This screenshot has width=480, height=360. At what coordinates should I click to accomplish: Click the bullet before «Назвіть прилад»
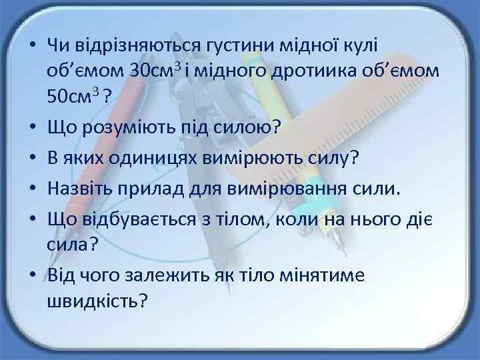tap(31, 190)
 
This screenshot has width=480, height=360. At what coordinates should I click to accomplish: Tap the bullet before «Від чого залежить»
tap(31, 276)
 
